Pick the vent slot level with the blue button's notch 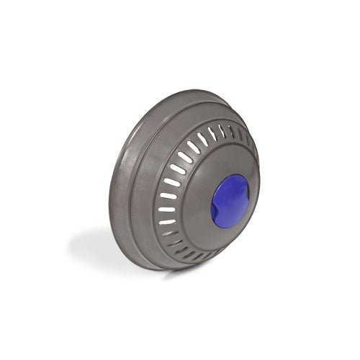pos(167,209)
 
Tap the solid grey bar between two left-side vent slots pos(166,202)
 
